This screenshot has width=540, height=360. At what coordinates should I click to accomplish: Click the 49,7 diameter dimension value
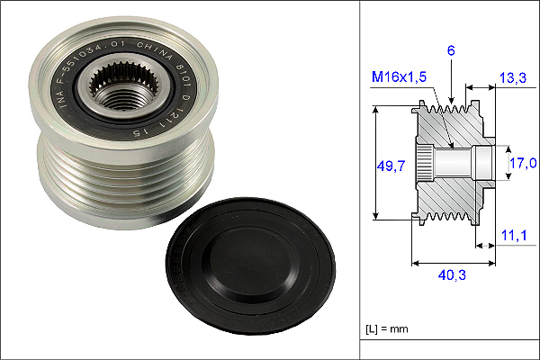tap(391, 166)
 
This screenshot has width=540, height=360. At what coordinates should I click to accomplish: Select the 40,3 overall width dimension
tap(452, 274)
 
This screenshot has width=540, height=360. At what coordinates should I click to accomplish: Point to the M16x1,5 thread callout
tap(399, 76)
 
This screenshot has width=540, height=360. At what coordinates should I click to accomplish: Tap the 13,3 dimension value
tap(513, 78)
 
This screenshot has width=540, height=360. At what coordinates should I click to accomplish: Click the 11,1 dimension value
tap(514, 235)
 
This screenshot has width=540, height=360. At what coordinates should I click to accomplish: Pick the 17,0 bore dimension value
tap(523, 163)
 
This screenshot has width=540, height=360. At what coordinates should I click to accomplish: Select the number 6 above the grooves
tap(451, 50)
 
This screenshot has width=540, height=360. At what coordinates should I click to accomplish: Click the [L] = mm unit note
tap(387, 328)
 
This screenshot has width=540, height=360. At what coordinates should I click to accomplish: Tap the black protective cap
tap(250, 265)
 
